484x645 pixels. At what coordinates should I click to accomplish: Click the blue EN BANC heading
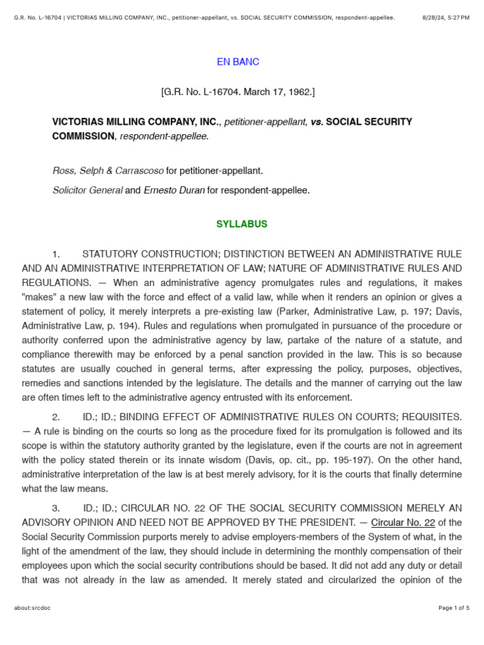238,62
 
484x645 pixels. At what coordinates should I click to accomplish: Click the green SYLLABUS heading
242,224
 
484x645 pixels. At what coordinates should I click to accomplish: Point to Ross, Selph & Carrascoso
108,171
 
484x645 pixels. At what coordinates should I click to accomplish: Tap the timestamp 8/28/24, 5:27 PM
446,18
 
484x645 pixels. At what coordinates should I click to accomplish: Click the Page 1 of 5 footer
454,608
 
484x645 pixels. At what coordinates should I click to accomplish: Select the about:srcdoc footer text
32,608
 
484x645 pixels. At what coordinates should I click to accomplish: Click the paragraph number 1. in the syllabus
56,254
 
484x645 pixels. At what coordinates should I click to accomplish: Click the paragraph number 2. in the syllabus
56,417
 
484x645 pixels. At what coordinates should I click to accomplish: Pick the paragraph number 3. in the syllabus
56,508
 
